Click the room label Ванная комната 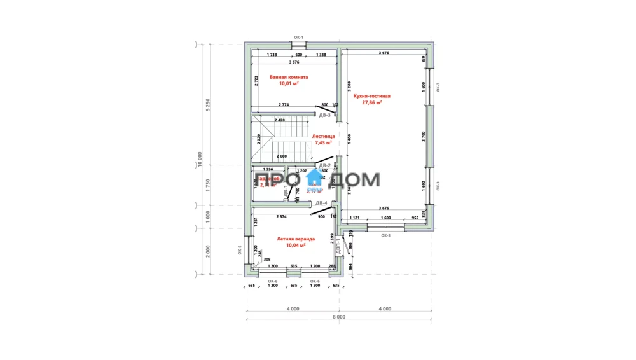click(x=284, y=77)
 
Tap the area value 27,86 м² click(x=371, y=102)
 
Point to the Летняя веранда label click(x=296, y=239)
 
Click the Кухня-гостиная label click(x=371, y=96)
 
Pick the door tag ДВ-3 click(x=325, y=116)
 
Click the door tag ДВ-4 click(x=321, y=204)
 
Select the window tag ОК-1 click(x=299, y=38)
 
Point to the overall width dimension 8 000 click(x=338, y=316)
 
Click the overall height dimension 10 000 click(x=199, y=159)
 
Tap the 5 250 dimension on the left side click(x=207, y=105)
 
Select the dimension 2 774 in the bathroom click(x=284, y=104)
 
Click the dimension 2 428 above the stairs click(x=279, y=120)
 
